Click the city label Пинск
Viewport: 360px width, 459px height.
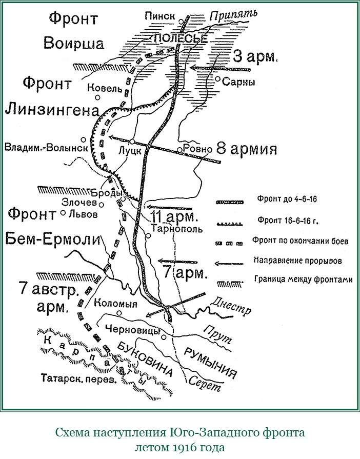pos(163,16)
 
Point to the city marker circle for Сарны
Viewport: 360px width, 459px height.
pos(218,79)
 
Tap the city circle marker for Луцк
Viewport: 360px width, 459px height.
pos(132,141)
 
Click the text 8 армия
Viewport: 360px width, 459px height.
pos(247,149)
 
